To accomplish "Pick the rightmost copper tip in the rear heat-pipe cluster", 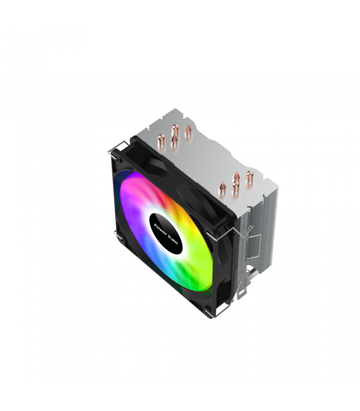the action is point(188,132).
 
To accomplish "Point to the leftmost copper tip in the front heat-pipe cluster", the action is point(222,189).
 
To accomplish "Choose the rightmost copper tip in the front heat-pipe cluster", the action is point(249,177).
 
